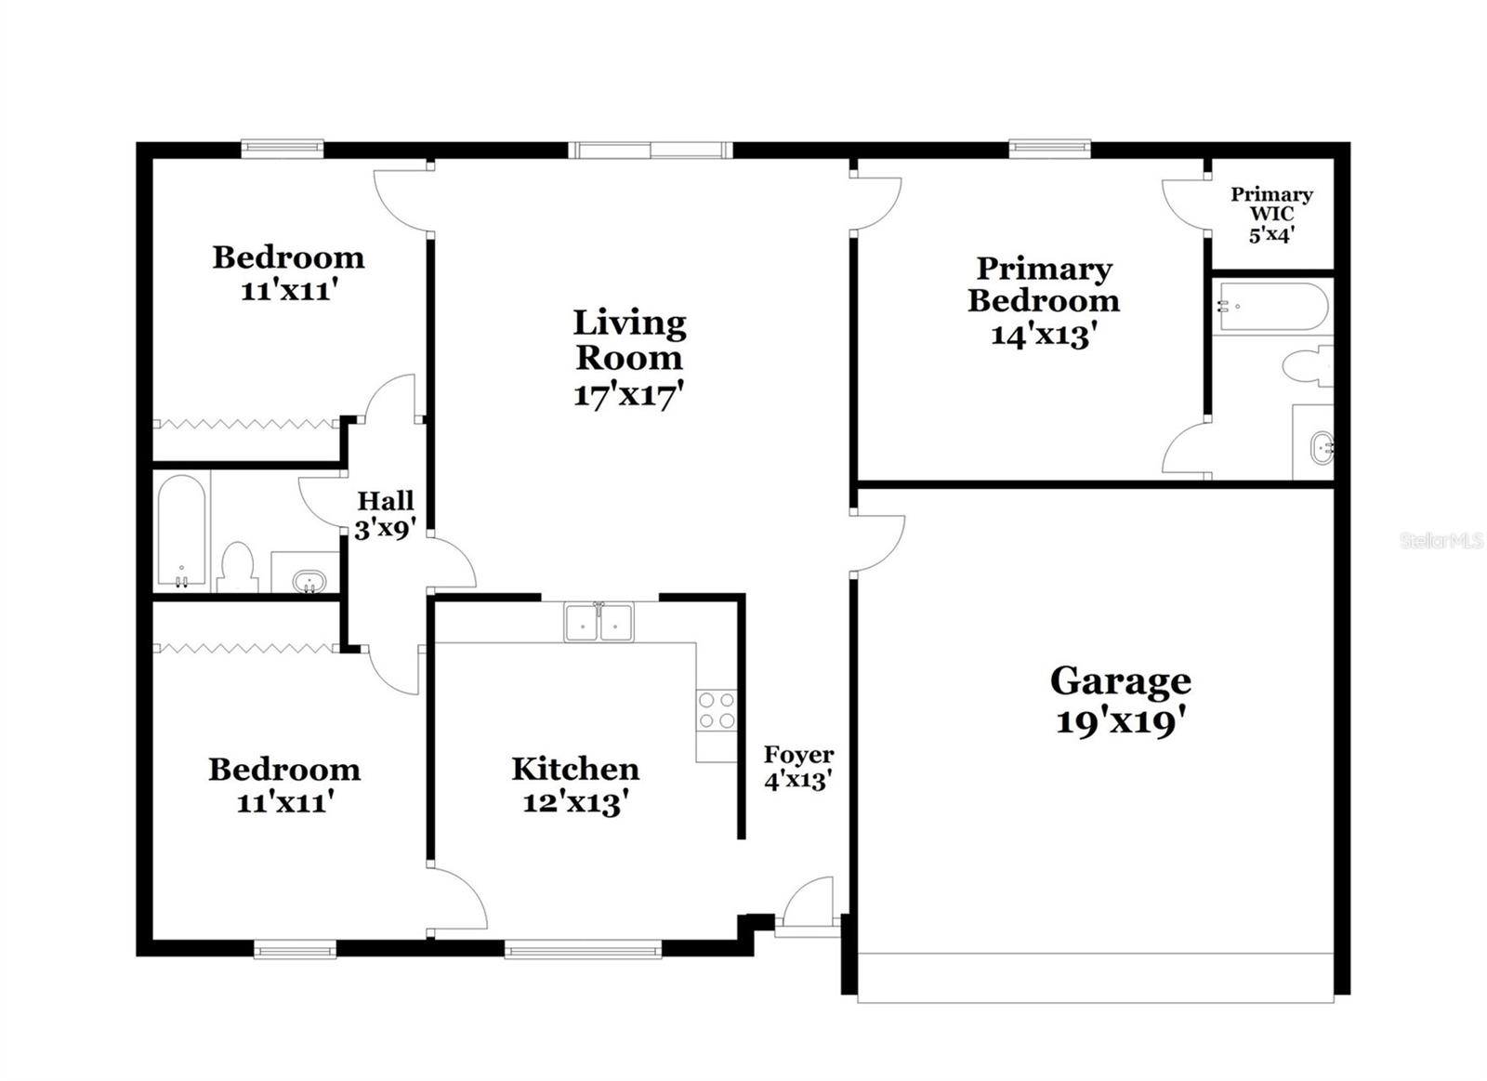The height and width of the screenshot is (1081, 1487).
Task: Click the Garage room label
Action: point(1120,682)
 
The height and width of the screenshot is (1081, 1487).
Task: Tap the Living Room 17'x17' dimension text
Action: point(628,395)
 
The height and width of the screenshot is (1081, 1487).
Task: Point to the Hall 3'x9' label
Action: point(385,515)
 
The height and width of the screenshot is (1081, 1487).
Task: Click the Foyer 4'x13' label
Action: point(798,767)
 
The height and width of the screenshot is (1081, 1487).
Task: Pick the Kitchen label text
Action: point(575,769)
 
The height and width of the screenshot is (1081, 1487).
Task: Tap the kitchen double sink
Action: point(599,622)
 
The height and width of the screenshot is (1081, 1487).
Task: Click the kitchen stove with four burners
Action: point(717,710)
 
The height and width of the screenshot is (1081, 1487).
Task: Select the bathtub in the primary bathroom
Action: point(1270,306)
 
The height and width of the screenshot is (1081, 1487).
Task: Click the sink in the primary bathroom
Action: point(1321,450)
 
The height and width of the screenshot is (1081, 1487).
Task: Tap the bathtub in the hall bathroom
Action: point(181,531)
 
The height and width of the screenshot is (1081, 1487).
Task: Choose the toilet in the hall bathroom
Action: point(239,566)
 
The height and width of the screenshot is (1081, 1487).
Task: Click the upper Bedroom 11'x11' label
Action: point(288,272)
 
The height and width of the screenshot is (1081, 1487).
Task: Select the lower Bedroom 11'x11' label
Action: point(284,784)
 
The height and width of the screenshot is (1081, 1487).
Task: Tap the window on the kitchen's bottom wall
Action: point(583,949)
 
